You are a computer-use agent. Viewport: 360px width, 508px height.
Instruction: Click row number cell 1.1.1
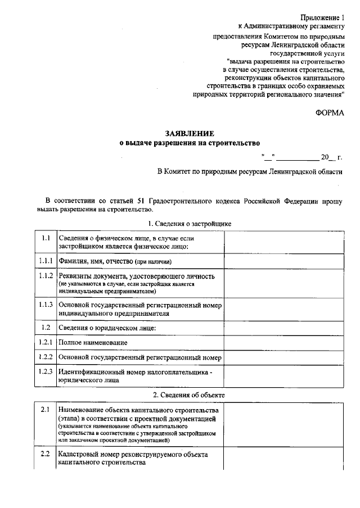click(46, 261)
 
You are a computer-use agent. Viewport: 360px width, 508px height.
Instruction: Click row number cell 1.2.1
click(46, 342)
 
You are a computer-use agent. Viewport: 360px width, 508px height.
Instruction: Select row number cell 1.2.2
click(46, 357)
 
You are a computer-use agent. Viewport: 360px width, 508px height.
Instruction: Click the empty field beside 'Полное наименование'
click(283, 342)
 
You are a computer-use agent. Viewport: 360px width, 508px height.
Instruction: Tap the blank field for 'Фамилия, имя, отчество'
click(283, 262)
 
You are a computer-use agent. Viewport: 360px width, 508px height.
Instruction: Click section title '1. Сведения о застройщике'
click(189, 224)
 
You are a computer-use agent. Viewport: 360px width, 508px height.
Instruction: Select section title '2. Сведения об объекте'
click(189, 395)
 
